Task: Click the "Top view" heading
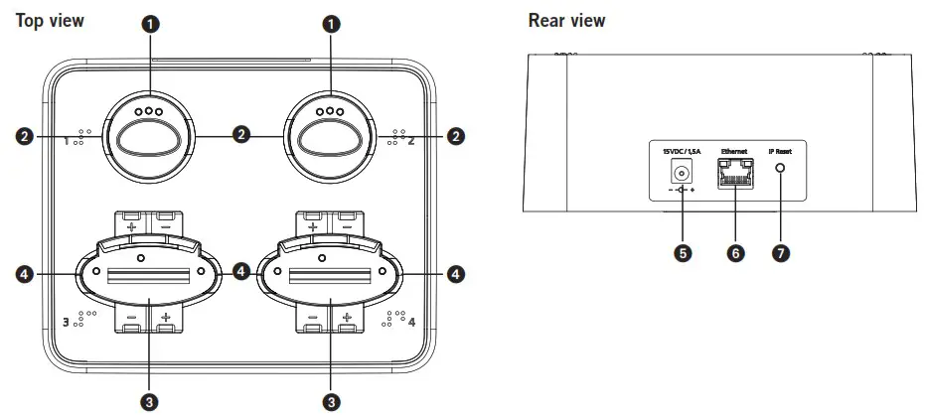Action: [x=50, y=19]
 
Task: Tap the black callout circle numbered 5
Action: [x=681, y=253]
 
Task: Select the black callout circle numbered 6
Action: [x=735, y=253]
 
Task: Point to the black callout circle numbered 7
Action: [x=781, y=253]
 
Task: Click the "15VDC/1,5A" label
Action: [x=681, y=150]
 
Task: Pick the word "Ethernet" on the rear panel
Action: [x=734, y=150]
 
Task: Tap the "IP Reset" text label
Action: [x=782, y=150]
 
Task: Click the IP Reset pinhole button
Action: [x=781, y=168]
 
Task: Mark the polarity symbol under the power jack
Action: [x=681, y=189]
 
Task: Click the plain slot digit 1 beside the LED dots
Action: [x=68, y=141]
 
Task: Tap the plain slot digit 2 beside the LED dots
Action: [x=411, y=141]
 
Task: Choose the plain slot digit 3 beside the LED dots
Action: [x=67, y=322]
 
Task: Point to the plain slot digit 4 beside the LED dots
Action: [x=411, y=322]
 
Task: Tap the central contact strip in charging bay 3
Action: [x=148, y=272]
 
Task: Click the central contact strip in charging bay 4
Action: [x=330, y=272]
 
